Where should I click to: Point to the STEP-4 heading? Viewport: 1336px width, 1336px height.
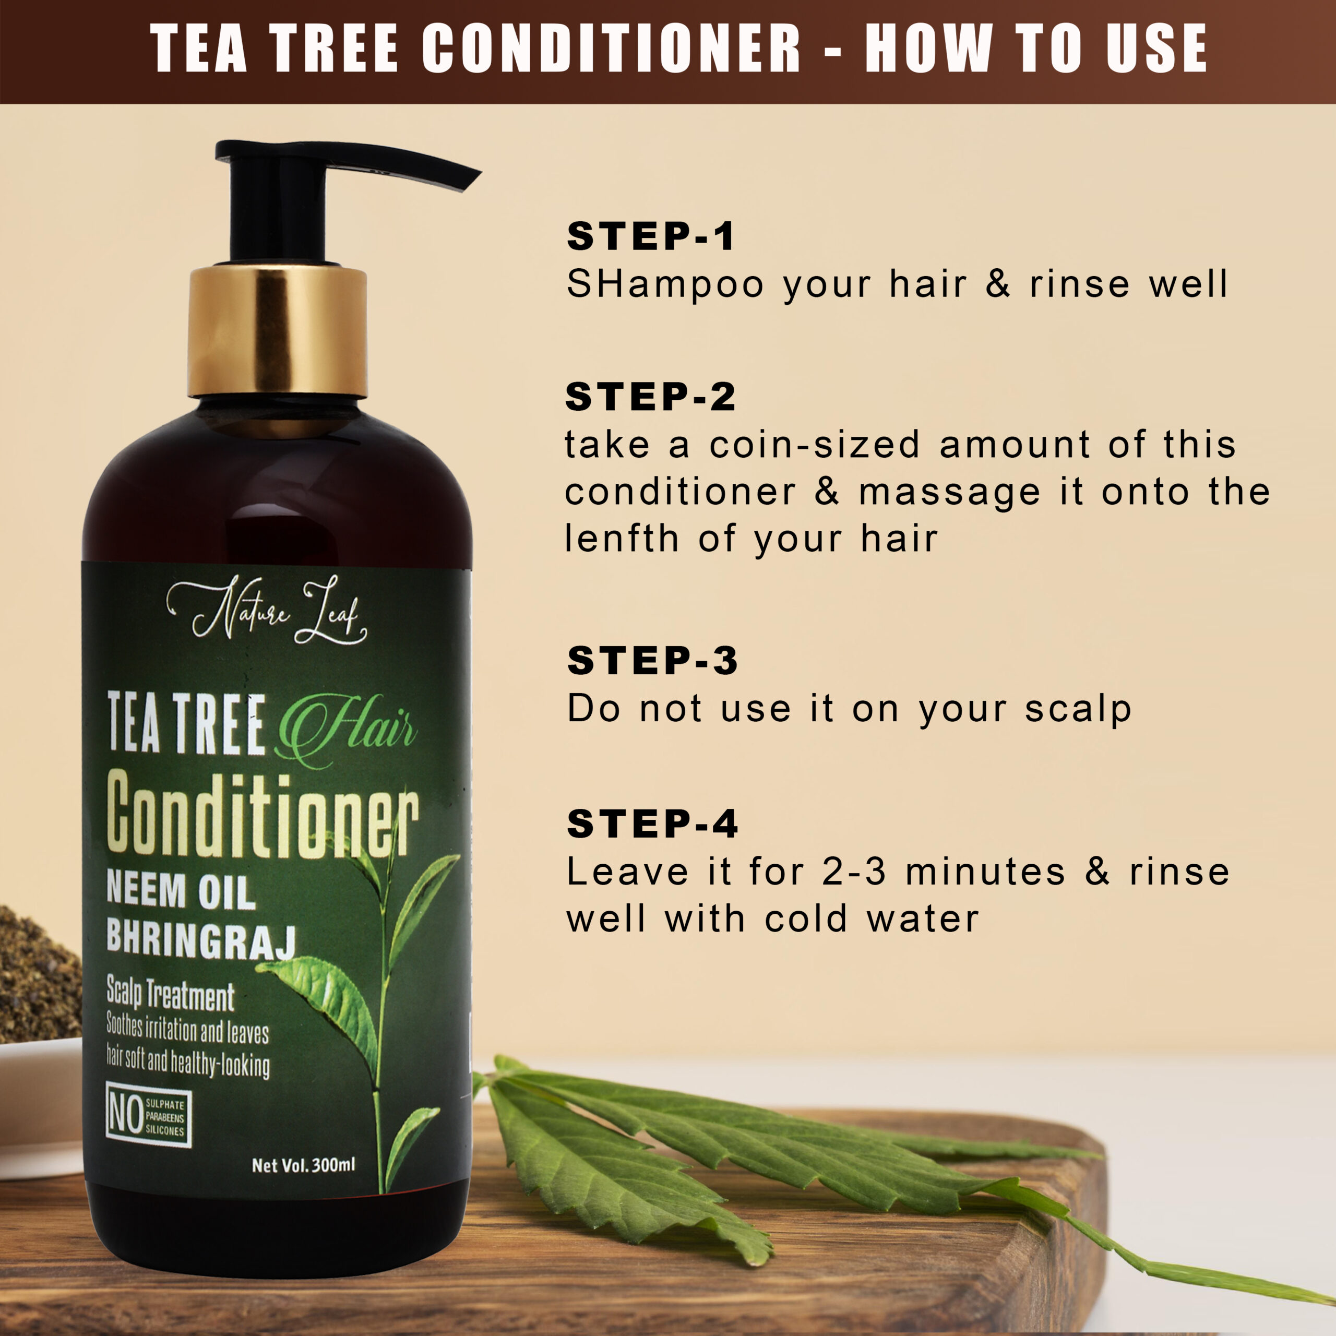tap(652, 824)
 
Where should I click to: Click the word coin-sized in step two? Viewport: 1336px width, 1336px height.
tap(815, 444)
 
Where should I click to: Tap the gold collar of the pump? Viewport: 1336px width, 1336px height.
tap(277, 332)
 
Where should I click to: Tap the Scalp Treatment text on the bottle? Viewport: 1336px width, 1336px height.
tap(170, 994)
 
